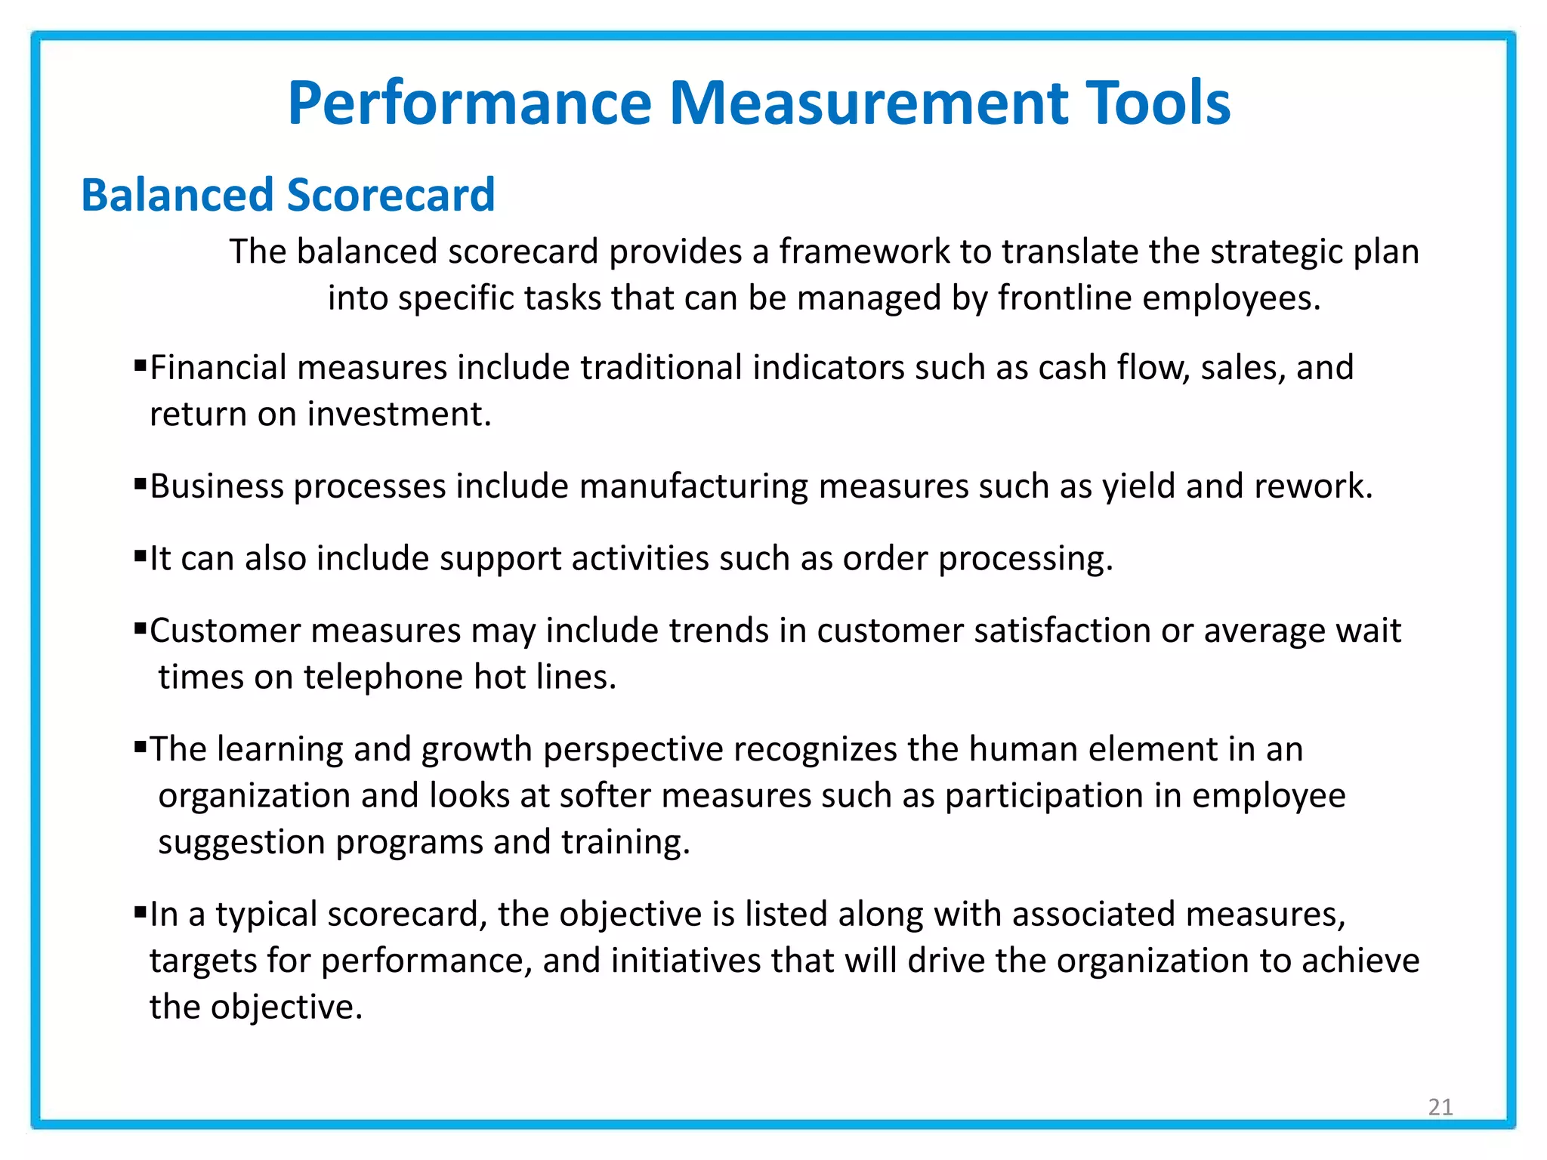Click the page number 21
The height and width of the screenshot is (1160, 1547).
coord(1440,1106)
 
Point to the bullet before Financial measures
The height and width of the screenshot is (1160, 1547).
coord(140,366)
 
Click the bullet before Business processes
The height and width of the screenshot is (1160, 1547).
coord(140,484)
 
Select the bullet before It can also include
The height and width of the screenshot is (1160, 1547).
coord(140,557)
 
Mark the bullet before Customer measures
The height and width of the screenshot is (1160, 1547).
coord(140,628)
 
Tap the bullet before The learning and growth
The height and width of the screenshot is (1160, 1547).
coord(140,747)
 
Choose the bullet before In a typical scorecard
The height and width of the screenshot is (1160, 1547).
coord(140,912)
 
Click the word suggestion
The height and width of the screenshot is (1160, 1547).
coord(241,843)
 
